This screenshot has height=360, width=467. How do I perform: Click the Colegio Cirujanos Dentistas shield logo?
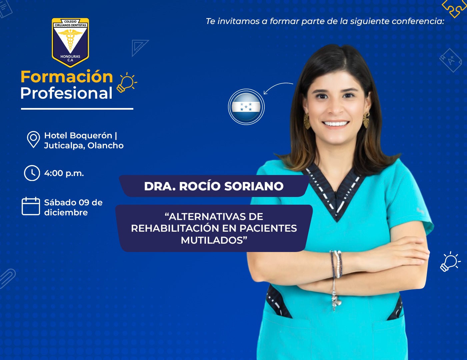(70, 42)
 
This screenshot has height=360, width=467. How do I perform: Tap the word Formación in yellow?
(67, 77)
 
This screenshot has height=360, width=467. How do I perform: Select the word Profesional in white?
(66, 93)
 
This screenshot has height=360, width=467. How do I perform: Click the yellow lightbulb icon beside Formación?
(127, 83)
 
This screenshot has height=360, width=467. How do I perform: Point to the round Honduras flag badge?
(246, 107)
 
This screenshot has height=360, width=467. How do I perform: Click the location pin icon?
(33, 139)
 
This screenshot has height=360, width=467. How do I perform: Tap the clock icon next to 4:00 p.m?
(32, 173)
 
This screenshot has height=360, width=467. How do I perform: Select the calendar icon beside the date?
(31, 206)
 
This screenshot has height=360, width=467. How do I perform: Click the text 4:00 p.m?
(64, 173)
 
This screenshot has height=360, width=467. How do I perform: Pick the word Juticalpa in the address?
(65, 146)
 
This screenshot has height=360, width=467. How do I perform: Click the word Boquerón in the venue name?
(91, 136)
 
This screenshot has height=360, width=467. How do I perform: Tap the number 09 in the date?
(84, 203)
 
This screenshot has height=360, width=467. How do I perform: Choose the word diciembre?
(66, 213)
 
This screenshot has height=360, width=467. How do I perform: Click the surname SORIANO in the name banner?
(254, 186)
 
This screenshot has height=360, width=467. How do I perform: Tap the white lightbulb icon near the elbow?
(450, 262)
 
